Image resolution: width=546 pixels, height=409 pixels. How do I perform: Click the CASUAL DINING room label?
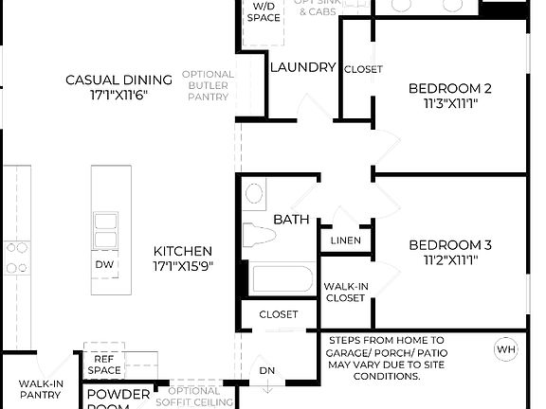pos(118,80)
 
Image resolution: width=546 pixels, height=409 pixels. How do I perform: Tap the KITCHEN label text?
pos(183,251)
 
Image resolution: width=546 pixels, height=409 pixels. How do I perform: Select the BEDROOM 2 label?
pos(449,89)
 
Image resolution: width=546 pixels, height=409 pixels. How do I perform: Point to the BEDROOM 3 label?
pos(449,245)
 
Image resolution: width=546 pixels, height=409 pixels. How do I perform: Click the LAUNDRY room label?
pos(302,67)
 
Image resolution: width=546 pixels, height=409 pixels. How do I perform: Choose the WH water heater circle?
pos(506,349)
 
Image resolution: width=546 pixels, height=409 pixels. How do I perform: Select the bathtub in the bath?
pos(282,279)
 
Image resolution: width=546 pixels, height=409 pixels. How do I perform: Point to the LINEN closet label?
pos(345,240)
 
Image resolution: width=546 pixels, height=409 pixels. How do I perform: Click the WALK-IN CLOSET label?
pos(345,292)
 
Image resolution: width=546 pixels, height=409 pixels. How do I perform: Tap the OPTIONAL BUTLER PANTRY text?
pos(208,86)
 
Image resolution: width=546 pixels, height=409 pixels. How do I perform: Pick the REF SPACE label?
pos(103,365)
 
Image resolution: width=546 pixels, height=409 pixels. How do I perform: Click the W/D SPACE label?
pos(263,12)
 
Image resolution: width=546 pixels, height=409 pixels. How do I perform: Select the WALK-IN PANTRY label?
pos(41,389)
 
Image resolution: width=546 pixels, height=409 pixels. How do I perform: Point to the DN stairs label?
pos(267,370)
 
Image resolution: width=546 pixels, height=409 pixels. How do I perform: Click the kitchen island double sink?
pos(105,229)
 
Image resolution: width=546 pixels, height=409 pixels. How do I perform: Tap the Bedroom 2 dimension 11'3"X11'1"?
pos(449,104)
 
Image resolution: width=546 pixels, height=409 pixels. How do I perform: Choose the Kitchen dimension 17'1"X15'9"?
pos(183,266)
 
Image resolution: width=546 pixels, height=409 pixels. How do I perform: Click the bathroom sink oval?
pos(254,193)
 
